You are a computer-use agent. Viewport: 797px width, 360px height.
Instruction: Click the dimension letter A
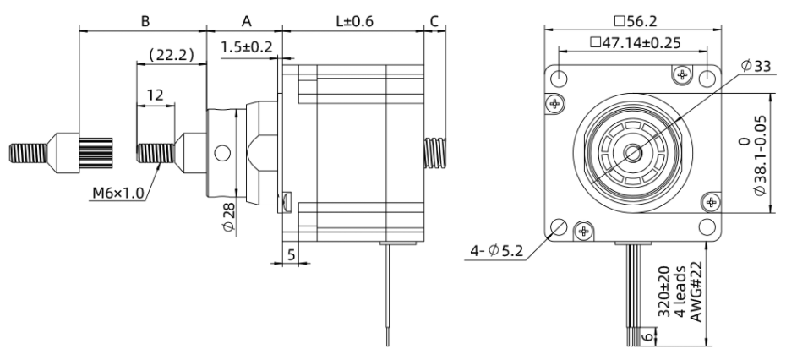[x=247, y=19]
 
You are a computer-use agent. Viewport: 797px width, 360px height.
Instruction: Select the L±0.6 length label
[x=354, y=19]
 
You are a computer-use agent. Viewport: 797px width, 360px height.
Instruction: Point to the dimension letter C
[x=434, y=19]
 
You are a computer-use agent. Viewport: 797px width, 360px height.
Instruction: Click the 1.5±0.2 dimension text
[x=247, y=47]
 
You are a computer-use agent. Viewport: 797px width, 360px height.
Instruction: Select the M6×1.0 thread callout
[x=119, y=194]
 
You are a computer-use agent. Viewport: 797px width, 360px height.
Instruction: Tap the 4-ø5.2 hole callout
[x=497, y=250]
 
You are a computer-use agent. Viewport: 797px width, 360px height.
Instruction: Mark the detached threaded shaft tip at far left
[x=25, y=153]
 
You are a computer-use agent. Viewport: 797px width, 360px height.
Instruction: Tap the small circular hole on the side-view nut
[x=221, y=153]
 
